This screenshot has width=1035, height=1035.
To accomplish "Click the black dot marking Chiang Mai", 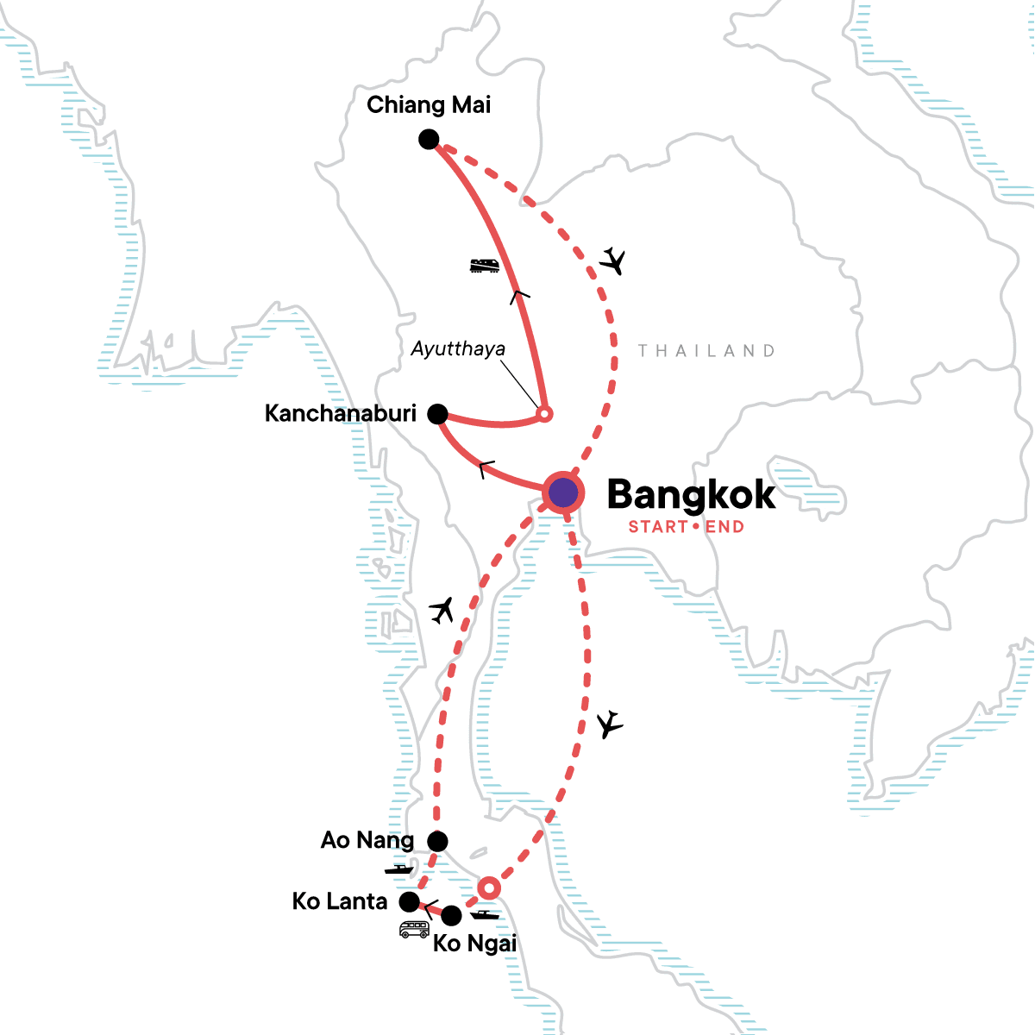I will (x=429, y=139).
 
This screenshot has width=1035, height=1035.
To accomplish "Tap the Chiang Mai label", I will (x=429, y=105).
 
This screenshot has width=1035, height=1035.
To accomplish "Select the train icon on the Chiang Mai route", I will (x=486, y=266).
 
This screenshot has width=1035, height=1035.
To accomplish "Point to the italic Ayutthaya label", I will (x=458, y=349).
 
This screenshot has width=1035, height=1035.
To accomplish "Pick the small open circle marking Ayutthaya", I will (x=544, y=414).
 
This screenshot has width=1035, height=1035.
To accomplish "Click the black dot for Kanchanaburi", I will (x=438, y=414).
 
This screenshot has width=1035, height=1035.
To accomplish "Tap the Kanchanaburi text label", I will (x=341, y=414).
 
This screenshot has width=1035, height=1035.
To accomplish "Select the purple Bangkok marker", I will (x=563, y=493).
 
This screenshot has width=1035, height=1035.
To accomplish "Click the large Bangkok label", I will (x=691, y=495).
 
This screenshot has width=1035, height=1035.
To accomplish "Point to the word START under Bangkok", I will (x=658, y=527).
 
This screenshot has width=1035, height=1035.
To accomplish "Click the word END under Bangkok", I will (x=724, y=527).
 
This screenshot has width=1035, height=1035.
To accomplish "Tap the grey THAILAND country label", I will (x=706, y=351).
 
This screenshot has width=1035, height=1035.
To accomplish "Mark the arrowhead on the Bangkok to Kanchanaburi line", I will (x=486, y=470).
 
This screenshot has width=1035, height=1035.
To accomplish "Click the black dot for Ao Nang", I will (x=438, y=841).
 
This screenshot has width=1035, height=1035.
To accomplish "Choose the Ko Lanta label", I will (x=340, y=902).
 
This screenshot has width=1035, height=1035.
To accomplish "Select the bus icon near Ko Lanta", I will (x=414, y=930).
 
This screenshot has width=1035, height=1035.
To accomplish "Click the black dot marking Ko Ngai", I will (x=451, y=915).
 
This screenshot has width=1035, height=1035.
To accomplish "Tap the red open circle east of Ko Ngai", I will (x=489, y=888).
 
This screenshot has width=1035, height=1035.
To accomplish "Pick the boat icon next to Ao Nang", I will (x=399, y=869).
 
